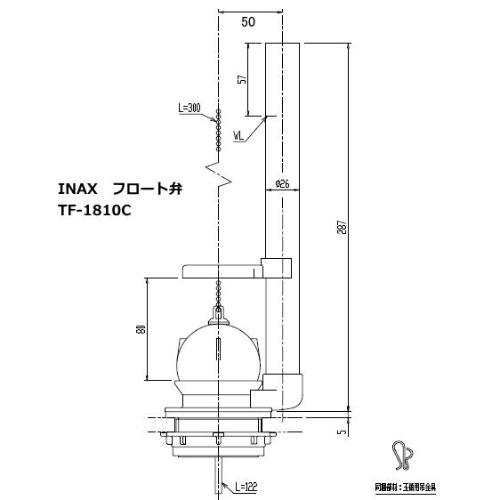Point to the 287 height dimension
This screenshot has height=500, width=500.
(343, 227)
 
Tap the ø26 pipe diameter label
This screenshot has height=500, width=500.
(282, 184)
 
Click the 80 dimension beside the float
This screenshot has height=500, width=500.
(141, 328)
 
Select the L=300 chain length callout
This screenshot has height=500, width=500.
(189, 109)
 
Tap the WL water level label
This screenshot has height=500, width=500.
(239, 136)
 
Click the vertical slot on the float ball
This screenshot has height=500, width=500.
(218, 346)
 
